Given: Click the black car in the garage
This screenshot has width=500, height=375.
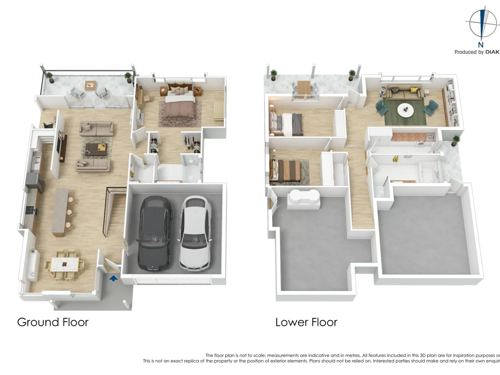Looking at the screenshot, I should pyautogui.click(x=155, y=233).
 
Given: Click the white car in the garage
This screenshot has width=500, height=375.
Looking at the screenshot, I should pyautogui.click(x=195, y=233).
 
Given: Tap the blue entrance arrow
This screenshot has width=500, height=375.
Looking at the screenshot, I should pyautogui.click(x=114, y=278).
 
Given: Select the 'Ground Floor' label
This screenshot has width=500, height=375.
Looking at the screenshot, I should pyautogui.click(x=53, y=322).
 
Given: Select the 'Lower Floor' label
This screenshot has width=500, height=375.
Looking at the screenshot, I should pyautogui.click(x=306, y=322).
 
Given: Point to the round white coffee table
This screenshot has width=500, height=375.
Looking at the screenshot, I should pyautogui.click(x=405, y=110).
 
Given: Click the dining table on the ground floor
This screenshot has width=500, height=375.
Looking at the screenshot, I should pyautogui.click(x=65, y=265).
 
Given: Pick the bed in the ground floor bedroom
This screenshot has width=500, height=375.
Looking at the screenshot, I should pyautogui.click(x=180, y=101).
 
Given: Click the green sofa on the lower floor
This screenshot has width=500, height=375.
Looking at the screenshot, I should pyautogui.click(x=404, y=92).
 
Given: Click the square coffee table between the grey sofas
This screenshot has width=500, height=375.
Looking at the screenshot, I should pyautogui.click(x=96, y=149).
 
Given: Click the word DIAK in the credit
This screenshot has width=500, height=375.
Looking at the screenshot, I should pyautogui.click(x=492, y=52).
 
